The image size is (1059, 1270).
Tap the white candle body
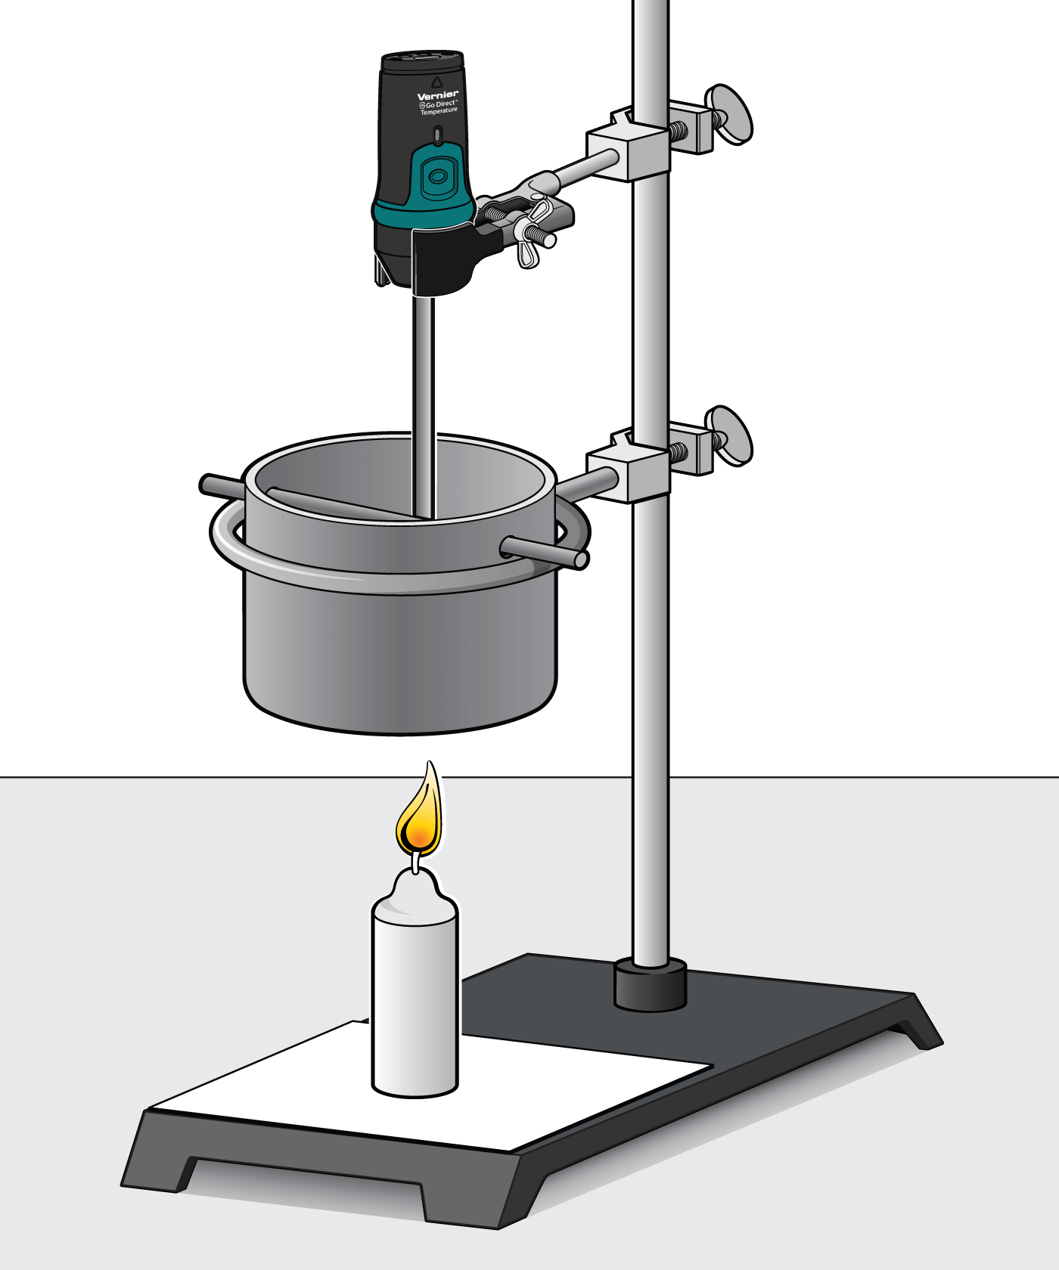click(x=415, y=998)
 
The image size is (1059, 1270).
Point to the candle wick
click(x=415, y=862)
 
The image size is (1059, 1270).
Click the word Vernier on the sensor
click(x=437, y=96)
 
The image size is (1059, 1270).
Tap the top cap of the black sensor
click(x=421, y=60)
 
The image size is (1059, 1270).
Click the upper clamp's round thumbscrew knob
click(x=731, y=114)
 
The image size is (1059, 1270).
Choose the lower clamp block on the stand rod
click(x=628, y=475)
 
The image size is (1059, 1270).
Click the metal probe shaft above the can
click(x=423, y=363)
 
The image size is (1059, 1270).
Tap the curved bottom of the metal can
click(x=401, y=718)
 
